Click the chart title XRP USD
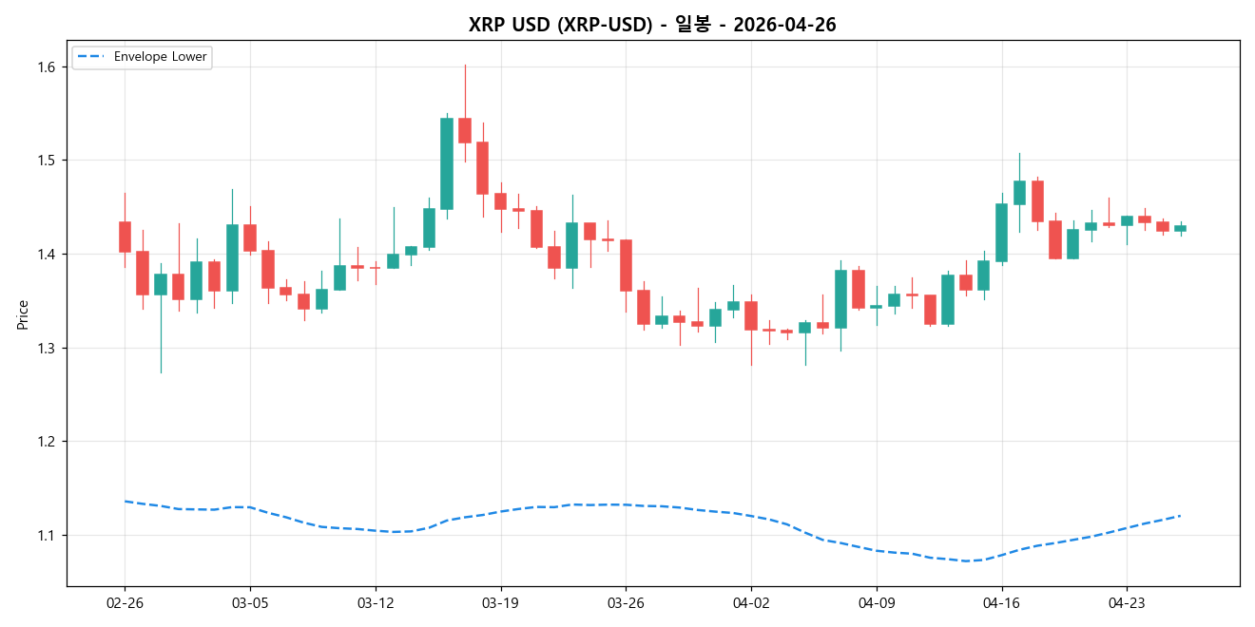[652, 25]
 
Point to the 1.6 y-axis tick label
[46, 66]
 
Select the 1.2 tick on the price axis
[46, 442]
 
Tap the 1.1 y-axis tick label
[46, 536]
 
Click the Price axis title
[23, 314]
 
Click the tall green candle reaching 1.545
[447, 163]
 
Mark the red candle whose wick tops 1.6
[465, 130]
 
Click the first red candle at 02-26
[125, 237]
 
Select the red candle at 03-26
[626, 265]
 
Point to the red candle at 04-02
[751, 315]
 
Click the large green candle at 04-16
[1001, 233]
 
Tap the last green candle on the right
[1180, 228]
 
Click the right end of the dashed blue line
[1180, 516]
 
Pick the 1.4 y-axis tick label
[46, 255]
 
